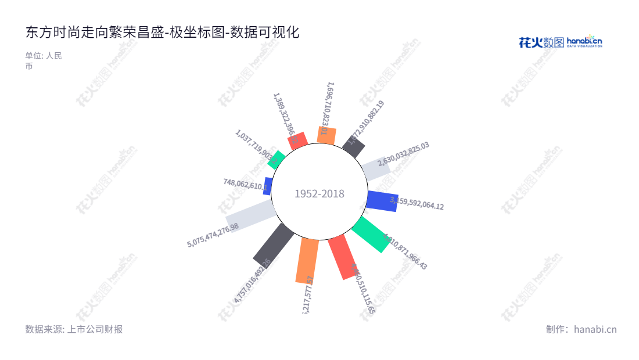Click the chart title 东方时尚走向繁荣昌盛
(x=162, y=33)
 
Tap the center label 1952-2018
(x=319, y=193)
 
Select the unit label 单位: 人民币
(x=43, y=60)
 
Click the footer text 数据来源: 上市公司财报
(x=74, y=329)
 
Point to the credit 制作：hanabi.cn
(x=581, y=329)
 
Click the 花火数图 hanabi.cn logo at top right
(x=560, y=42)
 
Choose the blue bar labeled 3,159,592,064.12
(x=382, y=200)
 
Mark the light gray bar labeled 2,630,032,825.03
(x=375, y=168)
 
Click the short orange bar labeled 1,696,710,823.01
(x=326, y=135)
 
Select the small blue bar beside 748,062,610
(x=268, y=186)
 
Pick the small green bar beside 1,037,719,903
(x=277, y=159)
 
